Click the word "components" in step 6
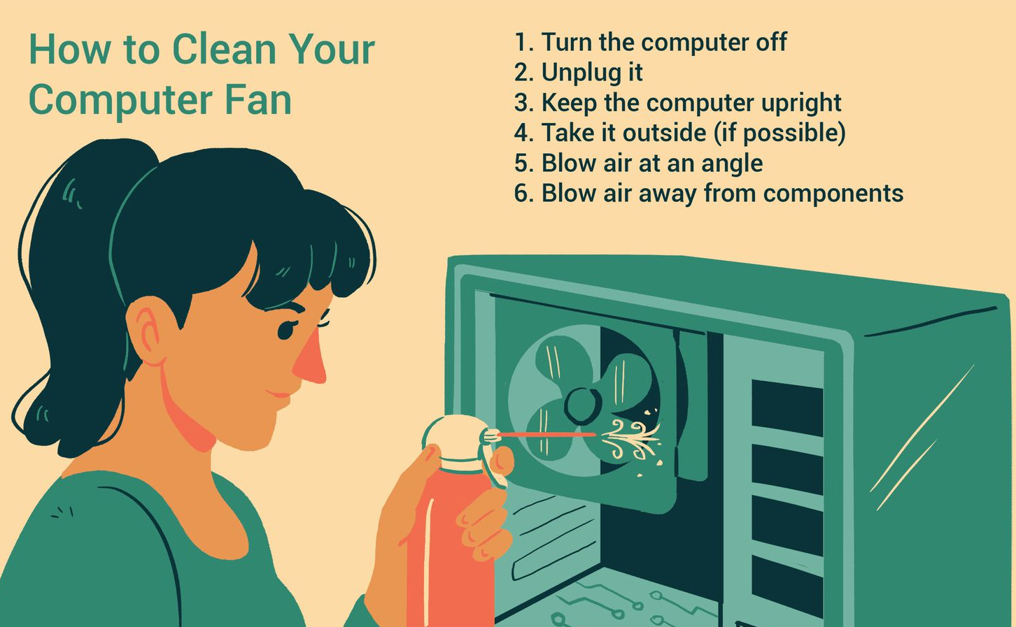(833, 194)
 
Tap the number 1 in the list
(521, 42)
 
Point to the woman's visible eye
(287, 329)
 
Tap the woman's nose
(310, 358)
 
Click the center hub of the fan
(582, 405)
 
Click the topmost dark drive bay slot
(787, 408)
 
